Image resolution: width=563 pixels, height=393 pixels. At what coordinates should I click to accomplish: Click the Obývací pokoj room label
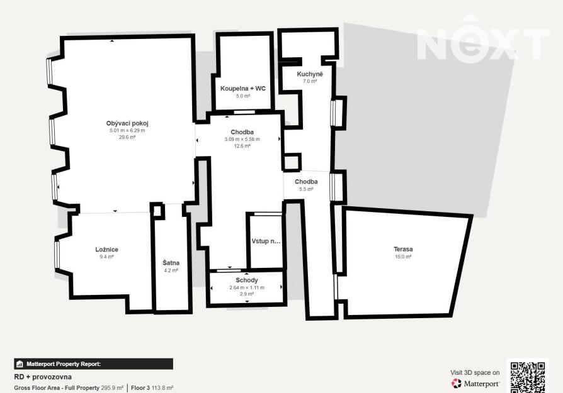127,123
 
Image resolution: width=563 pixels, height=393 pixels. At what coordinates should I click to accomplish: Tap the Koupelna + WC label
243,89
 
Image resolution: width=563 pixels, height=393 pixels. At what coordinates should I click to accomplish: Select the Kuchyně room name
310,74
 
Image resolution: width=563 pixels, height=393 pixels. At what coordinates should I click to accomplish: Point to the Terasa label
403,249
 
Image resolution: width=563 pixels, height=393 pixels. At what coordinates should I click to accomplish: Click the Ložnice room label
106,250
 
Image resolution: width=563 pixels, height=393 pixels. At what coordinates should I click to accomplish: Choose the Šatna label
171,263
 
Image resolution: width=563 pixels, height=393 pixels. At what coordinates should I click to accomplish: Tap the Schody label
247,280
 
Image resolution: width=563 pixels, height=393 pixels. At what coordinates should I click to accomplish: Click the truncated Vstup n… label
266,241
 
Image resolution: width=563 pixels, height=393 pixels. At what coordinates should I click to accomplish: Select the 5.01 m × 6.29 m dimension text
127,131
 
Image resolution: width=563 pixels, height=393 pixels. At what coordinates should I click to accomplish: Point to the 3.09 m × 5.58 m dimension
242,139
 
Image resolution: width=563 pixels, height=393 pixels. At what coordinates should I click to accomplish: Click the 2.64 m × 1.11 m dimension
247,287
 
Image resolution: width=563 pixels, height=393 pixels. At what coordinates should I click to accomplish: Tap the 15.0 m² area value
403,257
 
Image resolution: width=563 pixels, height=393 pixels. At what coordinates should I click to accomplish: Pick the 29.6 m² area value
127,137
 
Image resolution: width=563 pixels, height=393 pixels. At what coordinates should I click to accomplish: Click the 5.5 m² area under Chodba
306,189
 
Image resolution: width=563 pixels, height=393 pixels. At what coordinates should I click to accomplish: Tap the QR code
528,377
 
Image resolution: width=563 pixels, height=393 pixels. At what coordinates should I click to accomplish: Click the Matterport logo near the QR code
475,384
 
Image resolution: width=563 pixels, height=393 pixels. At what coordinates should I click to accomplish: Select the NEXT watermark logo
483,38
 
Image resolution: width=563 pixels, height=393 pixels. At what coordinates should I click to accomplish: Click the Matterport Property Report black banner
93,364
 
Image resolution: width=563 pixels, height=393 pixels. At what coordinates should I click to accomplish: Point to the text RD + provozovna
43,377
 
